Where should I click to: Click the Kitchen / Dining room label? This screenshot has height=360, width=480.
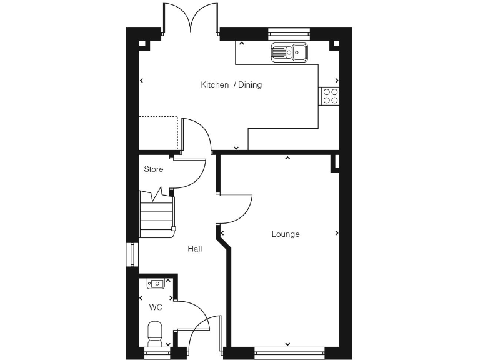coord(231,85)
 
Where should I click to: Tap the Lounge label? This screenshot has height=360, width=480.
coord(286,234)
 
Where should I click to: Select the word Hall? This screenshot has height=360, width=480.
coord(195,249)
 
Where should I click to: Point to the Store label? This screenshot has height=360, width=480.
coord(154,169)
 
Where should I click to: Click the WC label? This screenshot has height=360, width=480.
coord(156,307)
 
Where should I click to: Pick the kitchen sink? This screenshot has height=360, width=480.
coord(289,52)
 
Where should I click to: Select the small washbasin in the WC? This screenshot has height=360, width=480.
coord(156,284)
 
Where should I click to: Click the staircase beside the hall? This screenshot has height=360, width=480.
coord(156,216)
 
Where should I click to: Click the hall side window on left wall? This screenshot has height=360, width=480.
coord(130,254)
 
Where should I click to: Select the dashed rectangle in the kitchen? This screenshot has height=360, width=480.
coord(159,133)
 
